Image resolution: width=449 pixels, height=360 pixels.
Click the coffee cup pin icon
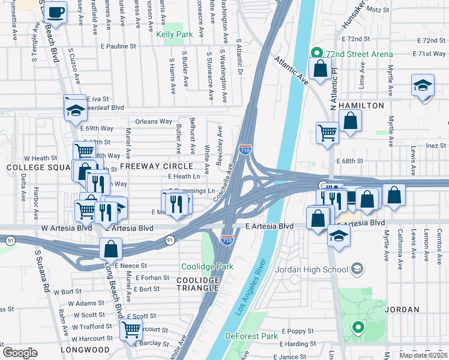coord(57,12)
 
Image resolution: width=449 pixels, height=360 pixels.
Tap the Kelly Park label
coord(175,35)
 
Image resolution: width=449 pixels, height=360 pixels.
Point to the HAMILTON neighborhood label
coord(361,106)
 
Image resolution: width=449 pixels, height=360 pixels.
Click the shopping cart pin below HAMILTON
coord(327,131)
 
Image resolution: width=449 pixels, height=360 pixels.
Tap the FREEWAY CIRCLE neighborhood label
coord(156,166)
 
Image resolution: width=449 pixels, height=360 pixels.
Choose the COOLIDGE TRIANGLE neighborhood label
coord(198,284)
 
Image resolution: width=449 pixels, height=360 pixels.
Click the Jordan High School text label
coord(308,269)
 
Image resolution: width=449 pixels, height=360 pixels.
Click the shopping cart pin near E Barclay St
coord(131,328)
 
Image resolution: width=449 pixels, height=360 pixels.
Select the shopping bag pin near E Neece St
coord(111,247)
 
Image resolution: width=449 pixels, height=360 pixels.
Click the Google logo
coord(19,353)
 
